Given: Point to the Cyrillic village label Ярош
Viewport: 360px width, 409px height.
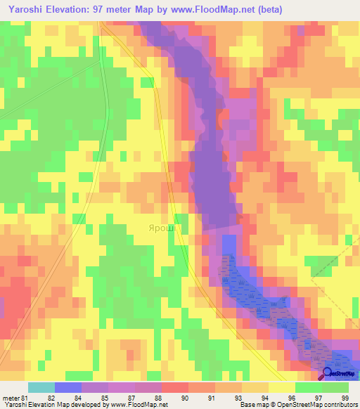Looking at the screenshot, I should [x=161, y=228].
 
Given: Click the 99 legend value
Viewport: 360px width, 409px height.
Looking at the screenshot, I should [x=345, y=398].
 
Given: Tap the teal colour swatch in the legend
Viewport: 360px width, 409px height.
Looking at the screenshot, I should [x=41, y=387].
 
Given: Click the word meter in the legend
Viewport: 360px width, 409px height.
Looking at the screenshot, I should [x=9, y=398].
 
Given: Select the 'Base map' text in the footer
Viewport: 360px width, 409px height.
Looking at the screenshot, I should [x=254, y=405].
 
